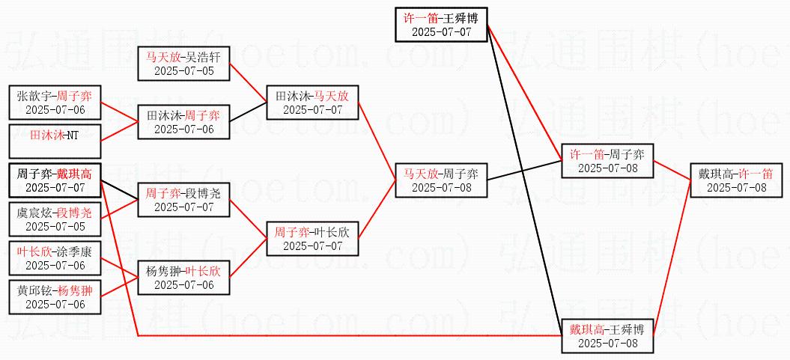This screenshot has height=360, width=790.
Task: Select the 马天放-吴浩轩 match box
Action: click(x=183, y=64)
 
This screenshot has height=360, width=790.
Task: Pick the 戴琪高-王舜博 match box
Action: click(x=607, y=336)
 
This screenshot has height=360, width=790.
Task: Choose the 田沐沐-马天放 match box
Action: click(x=312, y=103)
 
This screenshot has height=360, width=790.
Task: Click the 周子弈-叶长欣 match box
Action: click(x=312, y=239)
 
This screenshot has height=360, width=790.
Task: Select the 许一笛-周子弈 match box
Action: click(x=607, y=161)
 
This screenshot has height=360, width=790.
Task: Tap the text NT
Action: click(x=71, y=135)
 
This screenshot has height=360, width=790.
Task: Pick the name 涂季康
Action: click(x=75, y=251)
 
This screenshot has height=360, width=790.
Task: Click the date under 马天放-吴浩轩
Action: click(x=183, y=71)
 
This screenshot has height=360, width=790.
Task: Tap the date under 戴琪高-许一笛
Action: click(x=736, y=188)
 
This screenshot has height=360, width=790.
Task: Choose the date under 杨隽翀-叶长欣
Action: click(x=183, y=285)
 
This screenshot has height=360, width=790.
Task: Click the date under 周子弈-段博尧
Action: click(x=183, y=207)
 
